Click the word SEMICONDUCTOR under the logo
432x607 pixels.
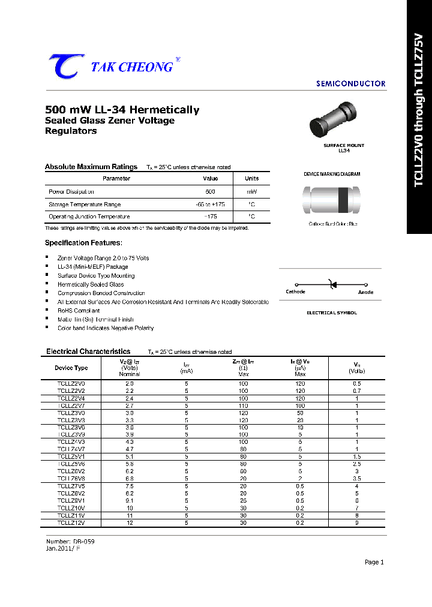tap(350, 84)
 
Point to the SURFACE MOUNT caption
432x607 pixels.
tap(344, 146)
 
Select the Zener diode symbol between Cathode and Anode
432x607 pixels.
tap(331, 285)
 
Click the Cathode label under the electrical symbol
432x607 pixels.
tap(295, 292)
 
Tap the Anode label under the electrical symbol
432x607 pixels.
tap(365, 292)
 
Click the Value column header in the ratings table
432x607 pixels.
tap(211, 179)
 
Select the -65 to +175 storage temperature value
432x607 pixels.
tap(211, 205)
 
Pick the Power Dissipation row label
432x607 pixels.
tap(71, 192)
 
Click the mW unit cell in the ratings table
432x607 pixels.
tap(251, 192)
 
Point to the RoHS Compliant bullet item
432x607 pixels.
tap(79, 311)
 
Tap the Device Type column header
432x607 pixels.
tap(71, 368)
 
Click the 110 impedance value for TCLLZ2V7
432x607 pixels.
tap(243, 406)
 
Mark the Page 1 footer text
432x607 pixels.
tap(374, 562)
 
